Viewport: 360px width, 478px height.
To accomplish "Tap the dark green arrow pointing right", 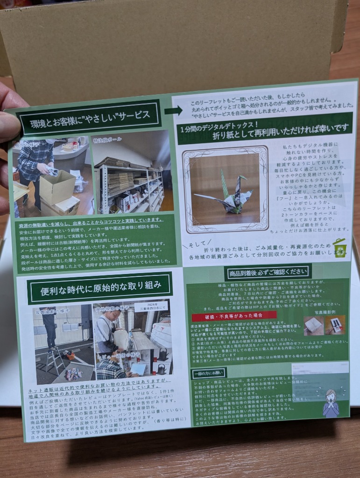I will (173, 110).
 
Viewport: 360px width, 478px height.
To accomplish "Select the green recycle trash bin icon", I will (339, 248).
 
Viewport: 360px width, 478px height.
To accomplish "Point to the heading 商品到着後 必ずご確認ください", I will (268, 272).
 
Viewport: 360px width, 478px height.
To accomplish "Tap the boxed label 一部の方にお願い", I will (209, 373).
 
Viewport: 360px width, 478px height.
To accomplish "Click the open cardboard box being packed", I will (57, 187).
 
